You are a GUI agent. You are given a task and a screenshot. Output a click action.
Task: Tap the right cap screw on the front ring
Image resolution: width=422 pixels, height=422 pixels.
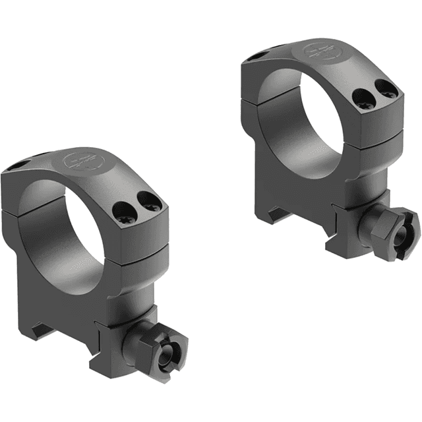(150, 205)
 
